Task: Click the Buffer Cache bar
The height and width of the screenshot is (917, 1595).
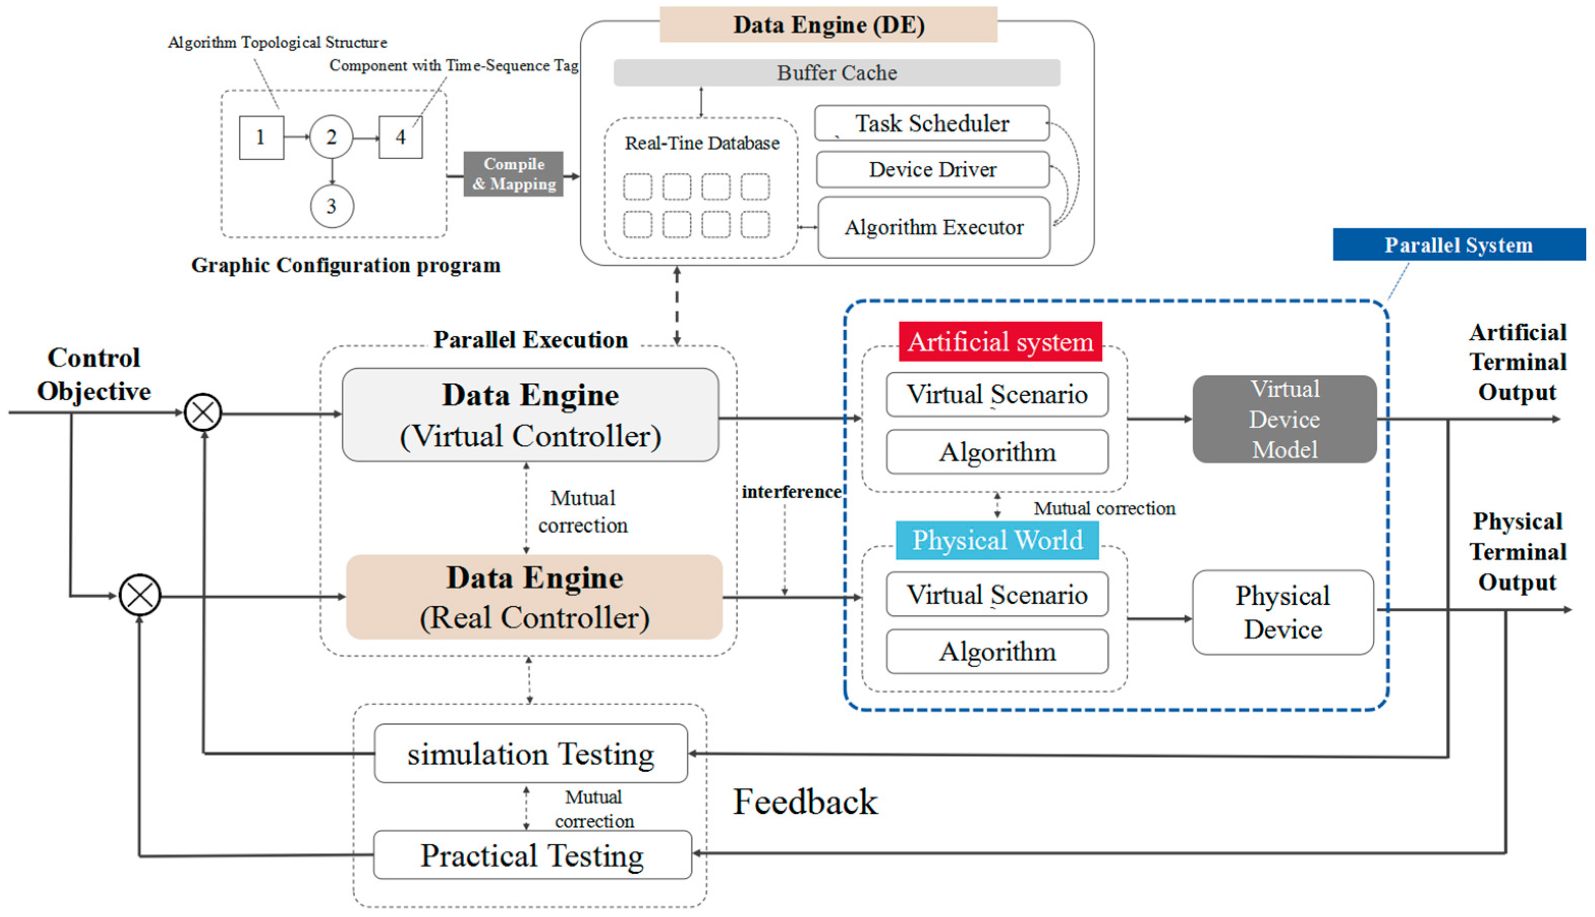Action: tap(836, 72)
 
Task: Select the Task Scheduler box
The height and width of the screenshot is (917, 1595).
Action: tap(931, 123)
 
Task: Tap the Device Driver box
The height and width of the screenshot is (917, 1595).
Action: tap(933, 169)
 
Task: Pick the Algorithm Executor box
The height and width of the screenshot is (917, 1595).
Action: tap(933, 227)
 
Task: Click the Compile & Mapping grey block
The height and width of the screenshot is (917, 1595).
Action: tap(514, 174)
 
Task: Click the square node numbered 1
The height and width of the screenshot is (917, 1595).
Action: tap(262, 137)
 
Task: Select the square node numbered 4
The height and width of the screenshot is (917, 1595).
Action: tap(400, 137)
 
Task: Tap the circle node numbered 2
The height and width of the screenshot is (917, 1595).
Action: tap(331, 137)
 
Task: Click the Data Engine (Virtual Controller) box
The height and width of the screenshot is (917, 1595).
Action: tap(530, 415)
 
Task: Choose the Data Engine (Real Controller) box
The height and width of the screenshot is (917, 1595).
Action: tap(534, 597)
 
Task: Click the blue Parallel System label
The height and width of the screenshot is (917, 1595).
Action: tap(1459, 244)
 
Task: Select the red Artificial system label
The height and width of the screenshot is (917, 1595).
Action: tap(1000, 342)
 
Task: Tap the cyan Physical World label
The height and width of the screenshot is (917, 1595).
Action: tap(998, 540)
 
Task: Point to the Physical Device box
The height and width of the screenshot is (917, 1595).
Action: tap(1283, 612)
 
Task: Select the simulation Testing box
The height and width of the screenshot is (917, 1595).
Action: tap(531, 753)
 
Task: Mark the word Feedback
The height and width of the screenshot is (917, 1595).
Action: tap(805, 802)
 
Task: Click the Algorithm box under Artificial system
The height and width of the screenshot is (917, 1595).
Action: tap(997, 452)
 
